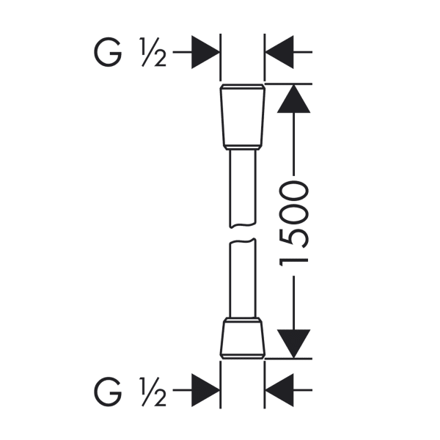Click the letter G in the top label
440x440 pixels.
point(108,52)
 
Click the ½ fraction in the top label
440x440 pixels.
point(153,52)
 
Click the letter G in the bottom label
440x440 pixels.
point(108,392)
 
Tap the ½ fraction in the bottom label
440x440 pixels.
point(153,392)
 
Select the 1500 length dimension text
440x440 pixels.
point(294,224)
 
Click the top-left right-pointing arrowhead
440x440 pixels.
point(205,52)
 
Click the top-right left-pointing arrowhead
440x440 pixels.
point(279,52)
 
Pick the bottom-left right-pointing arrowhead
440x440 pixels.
point(205,390)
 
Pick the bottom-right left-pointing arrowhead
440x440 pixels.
point(279,390)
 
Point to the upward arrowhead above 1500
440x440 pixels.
point(293,98)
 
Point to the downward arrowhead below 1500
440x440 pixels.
point(293,344)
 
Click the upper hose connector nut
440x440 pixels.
point(243,117)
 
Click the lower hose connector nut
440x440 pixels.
point(243,338)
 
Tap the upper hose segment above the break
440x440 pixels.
point(243,188)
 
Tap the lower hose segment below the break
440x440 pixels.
point(243,278)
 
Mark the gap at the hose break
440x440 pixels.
point(243,233)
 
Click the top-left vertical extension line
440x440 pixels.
point(221,57)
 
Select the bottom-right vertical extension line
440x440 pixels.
point(265,384)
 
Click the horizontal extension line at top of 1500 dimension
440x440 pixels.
point(289,84)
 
